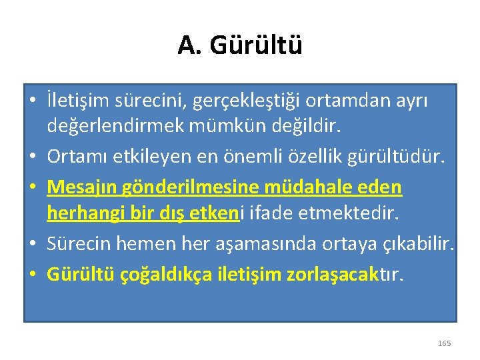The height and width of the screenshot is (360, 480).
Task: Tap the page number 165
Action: point(444,343)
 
